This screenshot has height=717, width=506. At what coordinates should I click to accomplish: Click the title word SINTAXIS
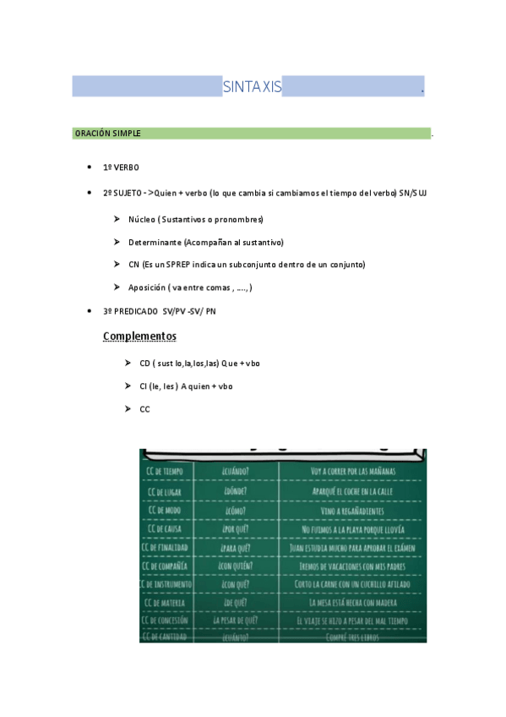[252, 87]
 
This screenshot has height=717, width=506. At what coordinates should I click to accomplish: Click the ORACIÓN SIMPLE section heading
[108, 134]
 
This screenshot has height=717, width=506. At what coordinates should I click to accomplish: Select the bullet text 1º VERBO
[121, 168]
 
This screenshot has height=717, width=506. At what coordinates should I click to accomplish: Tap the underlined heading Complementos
[139, 337]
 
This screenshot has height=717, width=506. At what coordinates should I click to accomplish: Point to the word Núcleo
[141, 220]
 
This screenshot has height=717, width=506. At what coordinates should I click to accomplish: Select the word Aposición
[146, 287]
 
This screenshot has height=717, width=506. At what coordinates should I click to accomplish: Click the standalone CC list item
[144, 409]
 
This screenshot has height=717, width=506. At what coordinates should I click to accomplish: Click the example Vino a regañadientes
[352, 510]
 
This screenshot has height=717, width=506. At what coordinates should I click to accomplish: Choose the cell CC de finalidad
[166, 548]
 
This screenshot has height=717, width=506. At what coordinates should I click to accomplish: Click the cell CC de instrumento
[166, 584]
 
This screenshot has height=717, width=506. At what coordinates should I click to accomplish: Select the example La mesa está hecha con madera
[352, 603]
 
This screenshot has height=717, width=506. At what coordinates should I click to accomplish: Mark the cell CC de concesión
[166, 621]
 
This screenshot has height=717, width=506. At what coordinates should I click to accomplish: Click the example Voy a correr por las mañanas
[352, 471]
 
